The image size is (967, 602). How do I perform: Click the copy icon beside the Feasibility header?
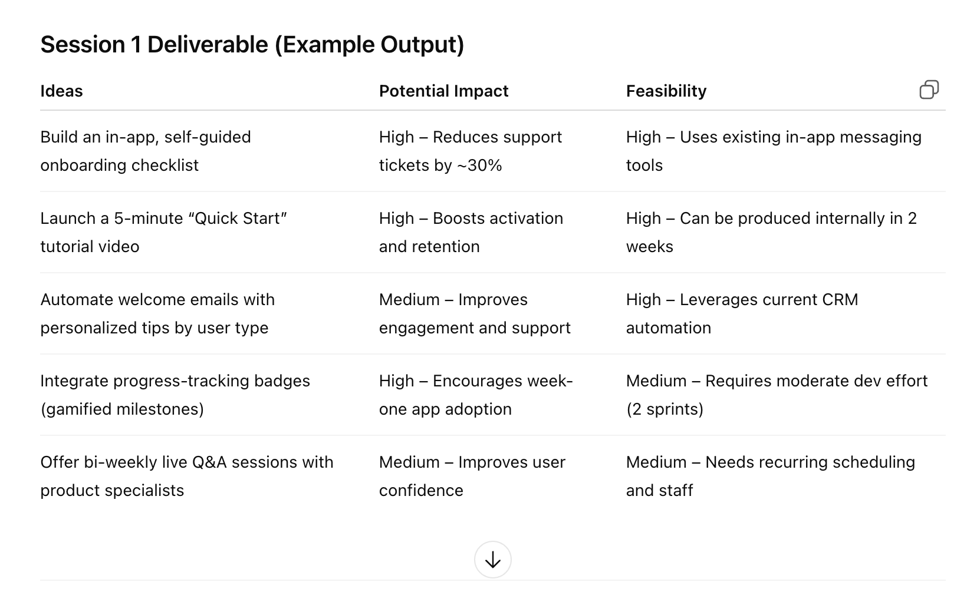tap(929, 90)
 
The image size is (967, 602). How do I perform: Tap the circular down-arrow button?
tap(492, 560)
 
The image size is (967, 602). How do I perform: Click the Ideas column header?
tap(61, 91)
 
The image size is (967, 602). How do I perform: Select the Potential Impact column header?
tap(444, 91)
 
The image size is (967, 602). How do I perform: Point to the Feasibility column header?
tap(666, 91)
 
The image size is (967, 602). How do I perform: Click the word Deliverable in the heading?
tap(208, 44)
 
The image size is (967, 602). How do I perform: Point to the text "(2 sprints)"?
tap(665, 409)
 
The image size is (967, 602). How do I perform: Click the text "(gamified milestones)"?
tap(122, 409)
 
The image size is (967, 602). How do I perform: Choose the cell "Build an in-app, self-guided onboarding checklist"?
tap(146, 151)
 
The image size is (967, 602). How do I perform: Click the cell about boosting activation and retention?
tap(471, 233)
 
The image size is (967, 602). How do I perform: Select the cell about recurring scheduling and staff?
tap(771, 476)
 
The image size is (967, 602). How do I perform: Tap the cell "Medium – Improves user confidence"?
tap(472, 476)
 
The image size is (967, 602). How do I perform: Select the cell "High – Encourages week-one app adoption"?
tap(476, 395)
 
